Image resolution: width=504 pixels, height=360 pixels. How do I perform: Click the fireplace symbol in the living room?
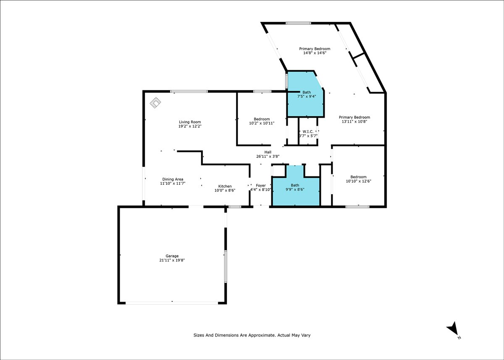click(155, 102)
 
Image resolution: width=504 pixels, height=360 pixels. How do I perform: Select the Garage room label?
click(172, 256)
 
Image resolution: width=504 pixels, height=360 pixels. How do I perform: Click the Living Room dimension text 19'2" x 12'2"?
click(190, 126)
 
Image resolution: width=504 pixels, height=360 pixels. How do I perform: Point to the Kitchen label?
click(225, 186)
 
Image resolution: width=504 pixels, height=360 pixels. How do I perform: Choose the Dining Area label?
click(173, 179)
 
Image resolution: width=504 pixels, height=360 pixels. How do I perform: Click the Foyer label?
click(261, 185)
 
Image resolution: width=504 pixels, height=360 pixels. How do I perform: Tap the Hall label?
click(268, 152)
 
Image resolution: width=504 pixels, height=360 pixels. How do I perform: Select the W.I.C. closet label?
click(308, 131)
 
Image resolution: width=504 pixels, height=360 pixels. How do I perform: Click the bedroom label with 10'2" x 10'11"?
click(262, 119)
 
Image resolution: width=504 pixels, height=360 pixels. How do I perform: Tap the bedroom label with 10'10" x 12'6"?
click(358, 177)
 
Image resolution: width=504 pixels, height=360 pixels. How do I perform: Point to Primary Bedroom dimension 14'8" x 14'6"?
click(315, 53)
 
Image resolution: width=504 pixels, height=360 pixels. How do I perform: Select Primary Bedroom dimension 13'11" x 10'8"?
click(354, 121)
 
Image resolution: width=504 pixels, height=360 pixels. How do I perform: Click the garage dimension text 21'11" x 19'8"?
click(172, 260)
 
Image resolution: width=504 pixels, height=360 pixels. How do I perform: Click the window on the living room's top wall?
click(189, 91)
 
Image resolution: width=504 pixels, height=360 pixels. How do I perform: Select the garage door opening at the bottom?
click(172, 303)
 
